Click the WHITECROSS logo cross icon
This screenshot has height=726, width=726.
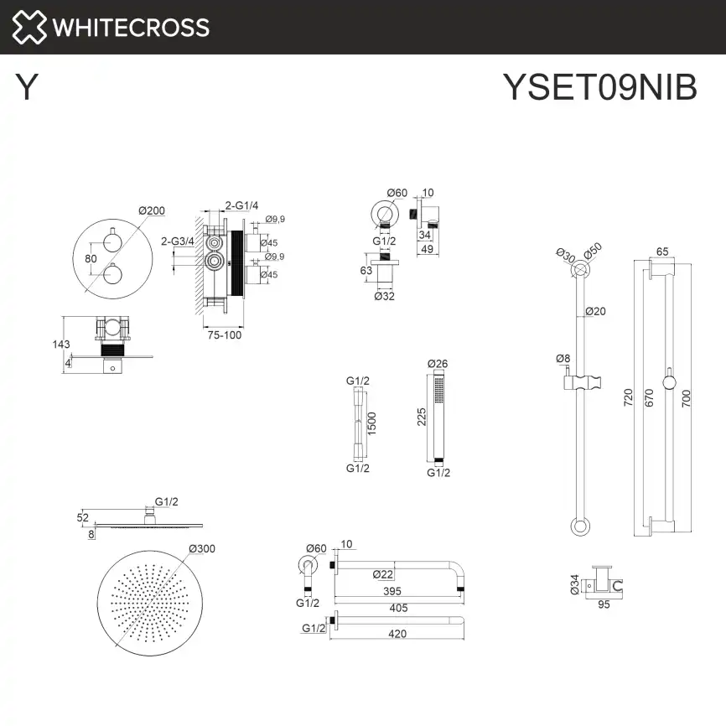(x=28, y=27)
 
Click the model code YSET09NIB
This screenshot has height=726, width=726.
(x=599, y=86)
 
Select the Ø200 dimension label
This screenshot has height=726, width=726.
(x=151, y=210)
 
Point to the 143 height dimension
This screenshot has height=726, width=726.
(x=60, y=344)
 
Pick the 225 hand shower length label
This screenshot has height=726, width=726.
(x=423, y=417)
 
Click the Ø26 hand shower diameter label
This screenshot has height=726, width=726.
(x=438, y=364)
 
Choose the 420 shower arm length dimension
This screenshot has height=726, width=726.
(x=397, y=634)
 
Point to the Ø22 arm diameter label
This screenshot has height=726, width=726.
(x=382, y=573)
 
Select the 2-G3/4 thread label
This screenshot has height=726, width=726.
(x=177, y=241)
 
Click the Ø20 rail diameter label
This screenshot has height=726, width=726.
(x=595, y=311)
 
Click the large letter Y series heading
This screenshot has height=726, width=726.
(x=27, y=87)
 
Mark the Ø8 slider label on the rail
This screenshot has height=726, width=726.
(x=563, y=359)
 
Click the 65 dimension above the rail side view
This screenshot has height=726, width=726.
(x=661, y=251)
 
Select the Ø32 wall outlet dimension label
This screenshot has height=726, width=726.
(x=385, y=295)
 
